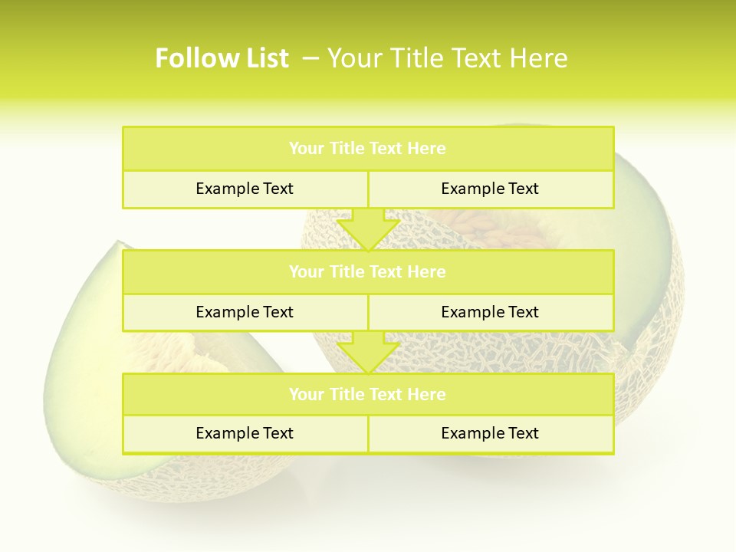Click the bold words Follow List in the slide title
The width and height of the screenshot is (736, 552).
pyautogui.click(x=222, y=58)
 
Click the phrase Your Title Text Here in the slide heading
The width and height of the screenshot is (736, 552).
pyautogui.click(x=447, y=58)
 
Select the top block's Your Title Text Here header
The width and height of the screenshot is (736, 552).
pyautogui.click(x=367, y=149)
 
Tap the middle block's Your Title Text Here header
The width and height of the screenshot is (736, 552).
pyautogui.click(x=367, y=271)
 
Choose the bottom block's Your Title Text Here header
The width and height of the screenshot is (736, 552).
pyautogui.click(x=367, y=394)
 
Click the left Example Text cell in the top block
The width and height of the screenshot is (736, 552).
pyautogui.click(x=245, y=189)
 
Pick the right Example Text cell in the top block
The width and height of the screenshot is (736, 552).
pyautogui.click(x=490, y=189)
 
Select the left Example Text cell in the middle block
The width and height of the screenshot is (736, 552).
pyautogui.click(x=245, y=312)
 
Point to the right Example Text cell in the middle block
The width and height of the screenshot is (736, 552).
pyautogui.click(x=490, y=312)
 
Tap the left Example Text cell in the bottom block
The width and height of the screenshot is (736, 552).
pyautogui.click(x=245, y=433)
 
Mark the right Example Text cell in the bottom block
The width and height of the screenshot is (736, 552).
pyautogui.click(x=490, y=433)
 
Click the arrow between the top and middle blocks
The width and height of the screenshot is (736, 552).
pyautogui.click(x=368, y=229)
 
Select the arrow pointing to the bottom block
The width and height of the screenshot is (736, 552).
pyautogui.click(x=368, y=353)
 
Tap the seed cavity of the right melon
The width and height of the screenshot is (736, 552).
pyautogui.click(x=475, y=227)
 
